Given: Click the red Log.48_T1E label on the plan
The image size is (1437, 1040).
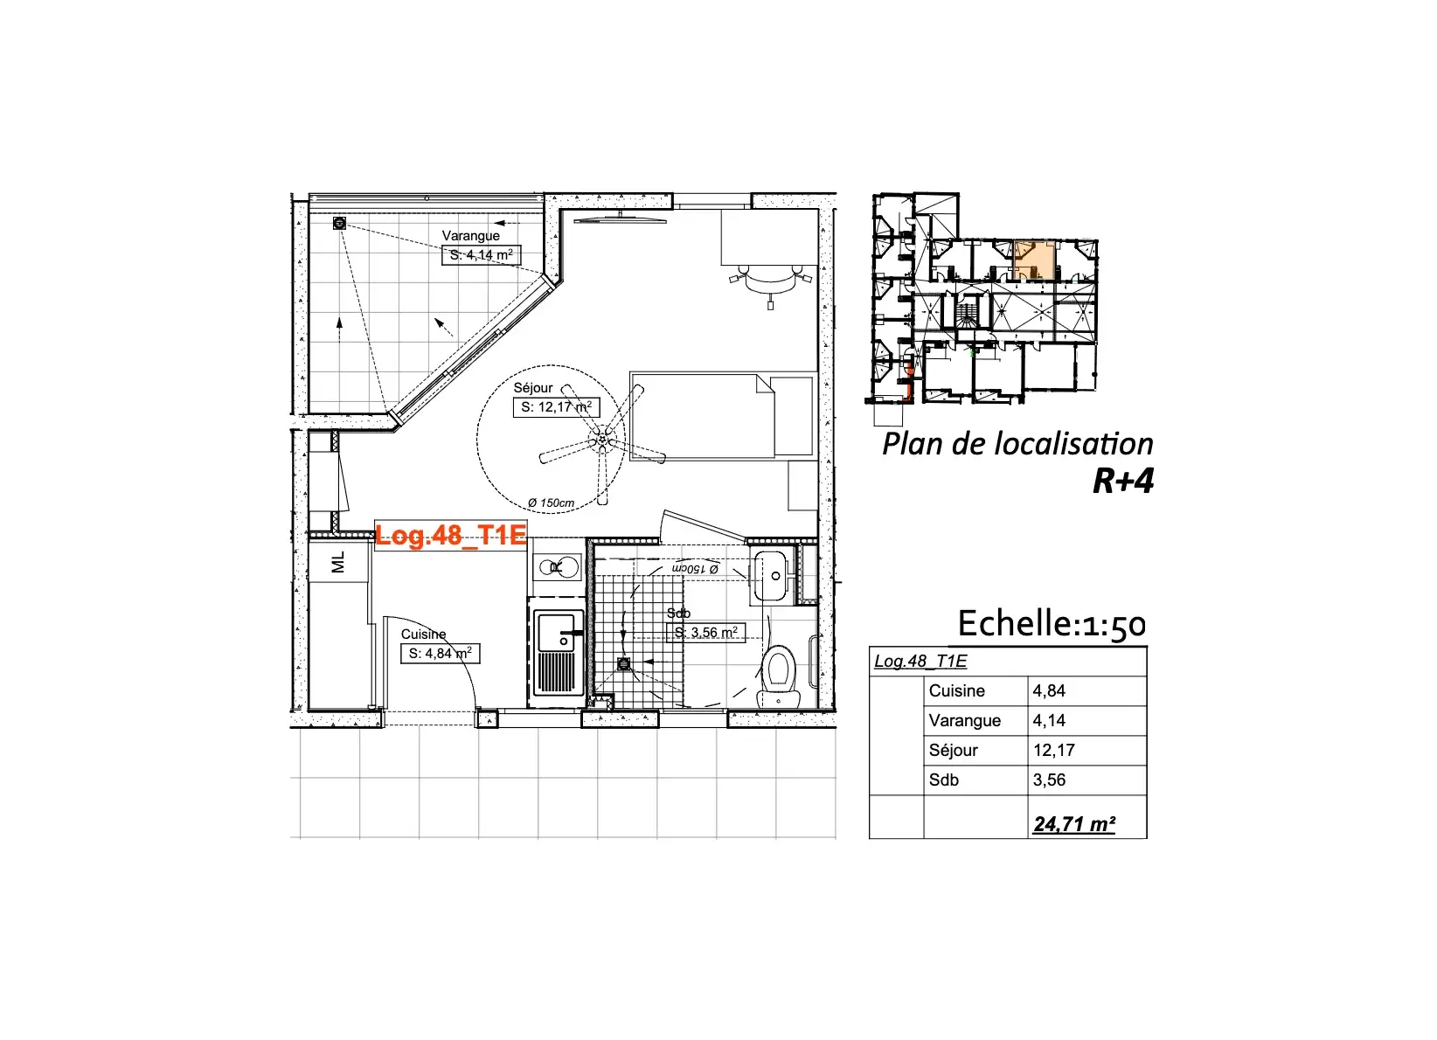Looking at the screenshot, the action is tap(451, 536).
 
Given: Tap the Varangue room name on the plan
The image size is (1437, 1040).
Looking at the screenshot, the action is tap(471, 235).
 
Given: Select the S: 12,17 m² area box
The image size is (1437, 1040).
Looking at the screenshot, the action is tap(556, 407).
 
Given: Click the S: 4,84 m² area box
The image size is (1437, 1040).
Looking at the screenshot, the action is tap(440, 654).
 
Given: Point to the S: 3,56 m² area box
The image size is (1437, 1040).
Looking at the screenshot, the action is tap(705, 633).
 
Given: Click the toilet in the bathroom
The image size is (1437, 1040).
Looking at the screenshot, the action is tap(780, 675).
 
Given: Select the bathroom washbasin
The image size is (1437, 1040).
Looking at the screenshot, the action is tap(773, 576).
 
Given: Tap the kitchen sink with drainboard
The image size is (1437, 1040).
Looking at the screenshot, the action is tap(557, 653).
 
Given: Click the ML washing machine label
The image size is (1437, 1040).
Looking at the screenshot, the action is tap(338, 562).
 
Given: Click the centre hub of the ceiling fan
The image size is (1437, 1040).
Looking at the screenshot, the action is tap(601, 440).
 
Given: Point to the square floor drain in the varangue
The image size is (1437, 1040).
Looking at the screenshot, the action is tap(339, 223).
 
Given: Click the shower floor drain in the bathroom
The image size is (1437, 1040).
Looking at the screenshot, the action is tap(623, 664).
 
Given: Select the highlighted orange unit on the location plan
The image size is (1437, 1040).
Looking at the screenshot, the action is tap(1035, 260).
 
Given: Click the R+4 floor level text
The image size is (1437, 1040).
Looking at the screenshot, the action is tap(1122, 481).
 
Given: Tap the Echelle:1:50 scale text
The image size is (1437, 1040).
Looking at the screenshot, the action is tap(1052, 624).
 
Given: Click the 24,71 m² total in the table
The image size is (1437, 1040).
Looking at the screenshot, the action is tap(1074, 824).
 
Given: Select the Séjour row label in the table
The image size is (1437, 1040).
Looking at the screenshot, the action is tap(954, 750).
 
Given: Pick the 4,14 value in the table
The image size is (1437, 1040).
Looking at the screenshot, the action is tap(1049, 720).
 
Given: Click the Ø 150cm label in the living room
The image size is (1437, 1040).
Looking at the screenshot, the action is tap(551, 503).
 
